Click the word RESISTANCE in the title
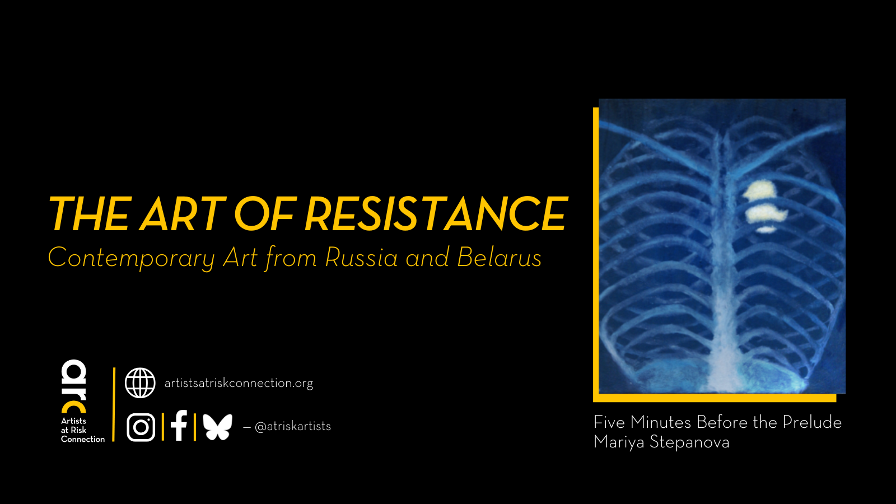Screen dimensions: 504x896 tap(436, 214)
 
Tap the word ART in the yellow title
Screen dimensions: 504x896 tap(183, 214)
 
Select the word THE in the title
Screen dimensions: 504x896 tap(90, 214)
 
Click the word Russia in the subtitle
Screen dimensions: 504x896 tap(362, 258)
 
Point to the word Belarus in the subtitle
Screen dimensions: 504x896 tap(499, 258)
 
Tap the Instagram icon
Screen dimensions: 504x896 tap(141, 427)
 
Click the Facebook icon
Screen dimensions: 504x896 tap(179, 426)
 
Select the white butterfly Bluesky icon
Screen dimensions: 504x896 tap(217, 427)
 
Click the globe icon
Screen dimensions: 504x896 tap(140, 383)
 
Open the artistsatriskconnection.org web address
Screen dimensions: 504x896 tap(239, 383)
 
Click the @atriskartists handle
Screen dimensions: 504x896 tap(292, 427)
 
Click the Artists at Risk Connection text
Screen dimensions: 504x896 tap(82, 430)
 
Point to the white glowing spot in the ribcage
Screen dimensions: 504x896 tap(765, 205)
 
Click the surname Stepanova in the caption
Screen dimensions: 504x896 tap(689, 442)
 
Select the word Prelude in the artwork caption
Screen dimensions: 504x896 tap(812, 422)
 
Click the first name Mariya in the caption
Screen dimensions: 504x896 tap(619, 442)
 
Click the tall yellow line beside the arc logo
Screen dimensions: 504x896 tap(114, 404)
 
